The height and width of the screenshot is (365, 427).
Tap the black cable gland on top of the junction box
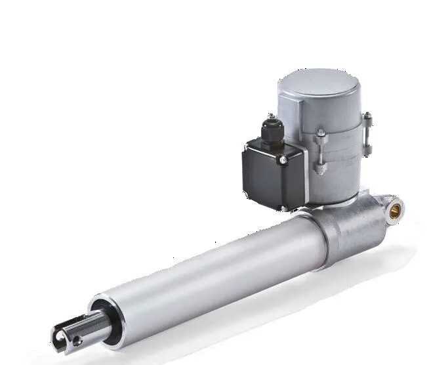pos(270,128)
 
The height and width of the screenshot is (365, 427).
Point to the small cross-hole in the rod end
pos(77,340)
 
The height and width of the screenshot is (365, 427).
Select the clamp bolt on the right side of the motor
pos(367,135)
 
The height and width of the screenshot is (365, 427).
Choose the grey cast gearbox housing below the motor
pos(348,226)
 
